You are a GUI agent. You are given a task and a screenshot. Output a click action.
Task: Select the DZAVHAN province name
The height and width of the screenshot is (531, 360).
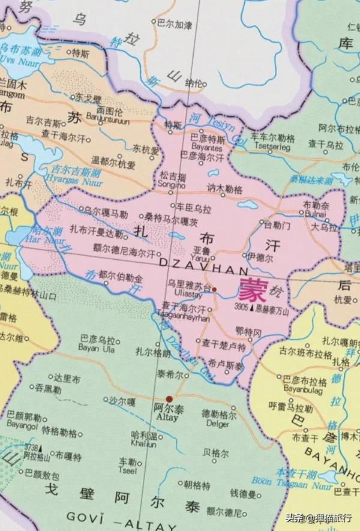click(196, 272)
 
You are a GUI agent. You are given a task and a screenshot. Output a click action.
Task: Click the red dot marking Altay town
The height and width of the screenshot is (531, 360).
click(170, 398)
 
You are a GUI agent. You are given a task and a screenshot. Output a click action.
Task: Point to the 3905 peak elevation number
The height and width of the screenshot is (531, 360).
click(241, 307)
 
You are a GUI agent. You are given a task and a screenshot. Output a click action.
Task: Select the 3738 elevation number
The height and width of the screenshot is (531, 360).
click(31, 448)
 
